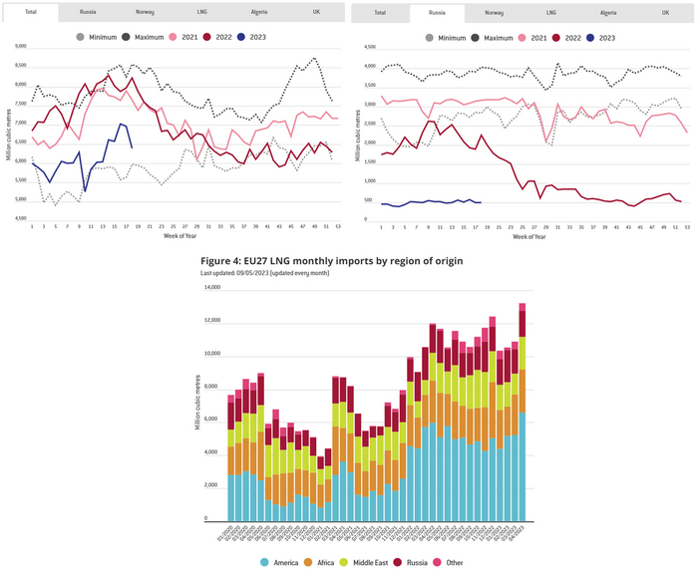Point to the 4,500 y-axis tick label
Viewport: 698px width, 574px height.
pos(369,47)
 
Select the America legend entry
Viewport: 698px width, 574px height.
pos(287,563)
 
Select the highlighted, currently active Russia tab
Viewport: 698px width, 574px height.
pos(437,13)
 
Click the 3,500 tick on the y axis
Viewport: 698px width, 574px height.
pos(369,92)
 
